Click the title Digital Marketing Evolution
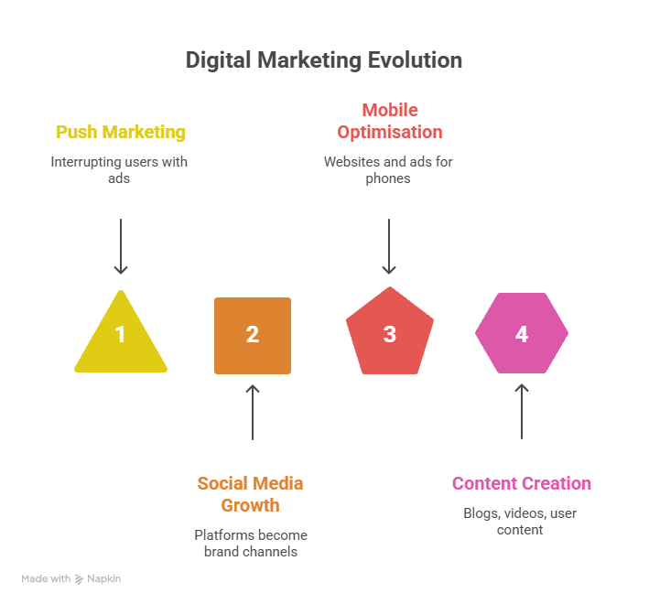point(323,60)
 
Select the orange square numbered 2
point(253,335)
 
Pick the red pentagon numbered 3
point(389,333)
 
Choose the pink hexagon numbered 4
point(521,333)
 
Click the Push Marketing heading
point(121,132)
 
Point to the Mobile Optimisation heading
point(389,121)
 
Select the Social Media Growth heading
point(250,493)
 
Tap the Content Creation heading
point(521,483)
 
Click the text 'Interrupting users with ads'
point(120,169)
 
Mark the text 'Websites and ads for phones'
point(388,169)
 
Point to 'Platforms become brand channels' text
point(251,543)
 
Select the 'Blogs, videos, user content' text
point(520,521)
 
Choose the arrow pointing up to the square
point(254,412)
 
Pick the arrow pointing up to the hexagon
point(522,411)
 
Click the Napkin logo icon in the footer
point(80,579)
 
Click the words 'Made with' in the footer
point(46,579)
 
